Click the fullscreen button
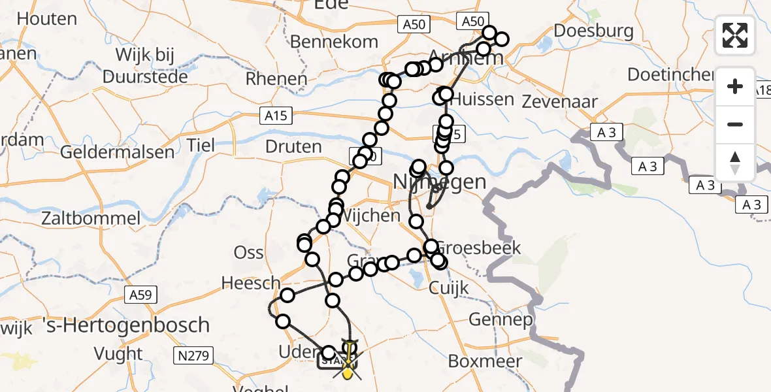[x=735, y=35]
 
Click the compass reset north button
[x=735, y=163]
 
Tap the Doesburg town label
[x=593, y=31]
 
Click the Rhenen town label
[x=276, y=79]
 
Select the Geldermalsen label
[x=117, y=153]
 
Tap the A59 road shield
[x=140, y=295]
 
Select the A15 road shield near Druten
[x=275, y=116]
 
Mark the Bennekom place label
[x=334, y=42]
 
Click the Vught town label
[x=118, y=354]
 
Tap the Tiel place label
[x=201, y=144]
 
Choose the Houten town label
[x=46, y=19]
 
